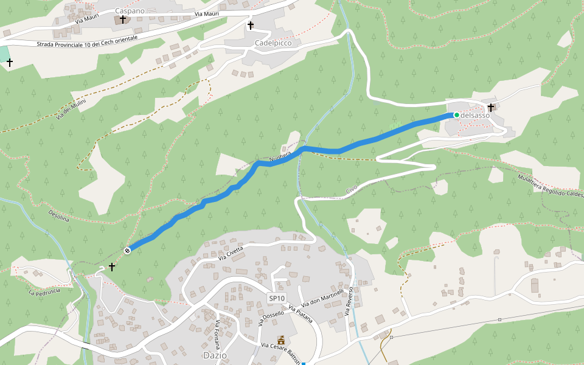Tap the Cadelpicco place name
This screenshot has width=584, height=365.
pyautogui.click(x=273, y=43)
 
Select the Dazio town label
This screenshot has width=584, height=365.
pyautogui.click(x=215, y=355)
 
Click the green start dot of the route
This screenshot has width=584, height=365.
pyautogui.click(x=457, y=115)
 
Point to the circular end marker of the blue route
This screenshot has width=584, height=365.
pyautogui.click(x=128, y=250)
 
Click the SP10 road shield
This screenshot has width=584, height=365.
pyautogui.click(x=277, y=298)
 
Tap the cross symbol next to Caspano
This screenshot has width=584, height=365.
pyautogui.click(x=122, y=19)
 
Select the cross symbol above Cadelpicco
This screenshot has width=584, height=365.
pyautogui.click(x=250, y=26)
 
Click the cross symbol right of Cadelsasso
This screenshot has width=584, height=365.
pyautogui.click(x=490, y=108)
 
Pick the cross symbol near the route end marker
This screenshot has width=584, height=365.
pyautogui.click(x=111, y=266)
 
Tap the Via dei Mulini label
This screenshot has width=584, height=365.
pyautogui.click(x=71, y=108)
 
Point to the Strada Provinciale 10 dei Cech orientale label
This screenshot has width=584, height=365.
pyautogui.click(x=87, y=41)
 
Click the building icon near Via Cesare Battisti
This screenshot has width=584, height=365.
pyautogui.click(x=281, y=339)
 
